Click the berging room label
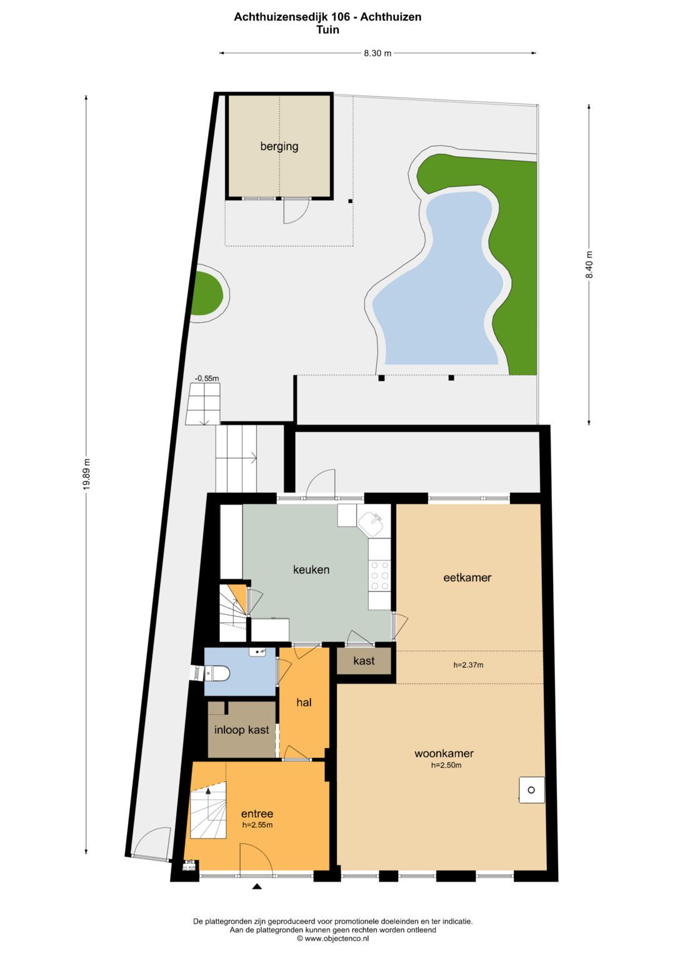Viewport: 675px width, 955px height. (279, 146)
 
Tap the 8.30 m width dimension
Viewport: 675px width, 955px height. (377, 53)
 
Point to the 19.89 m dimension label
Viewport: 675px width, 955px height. (87, 473)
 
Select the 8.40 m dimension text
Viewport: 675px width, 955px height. (589, 265)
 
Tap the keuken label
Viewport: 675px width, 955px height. (311, 570)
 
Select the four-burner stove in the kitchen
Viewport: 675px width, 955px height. (380, 575)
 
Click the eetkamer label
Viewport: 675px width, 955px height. (467, 578)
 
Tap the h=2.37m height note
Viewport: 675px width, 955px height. (468, 665)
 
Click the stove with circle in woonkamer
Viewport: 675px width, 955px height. (531, 790)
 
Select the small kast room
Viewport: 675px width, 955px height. (364, 661)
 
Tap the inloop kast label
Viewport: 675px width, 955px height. (242, 729)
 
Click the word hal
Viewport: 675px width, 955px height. (304, 702)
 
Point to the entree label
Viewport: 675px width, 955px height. (257, 814)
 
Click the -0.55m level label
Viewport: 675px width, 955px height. (207, 378)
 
